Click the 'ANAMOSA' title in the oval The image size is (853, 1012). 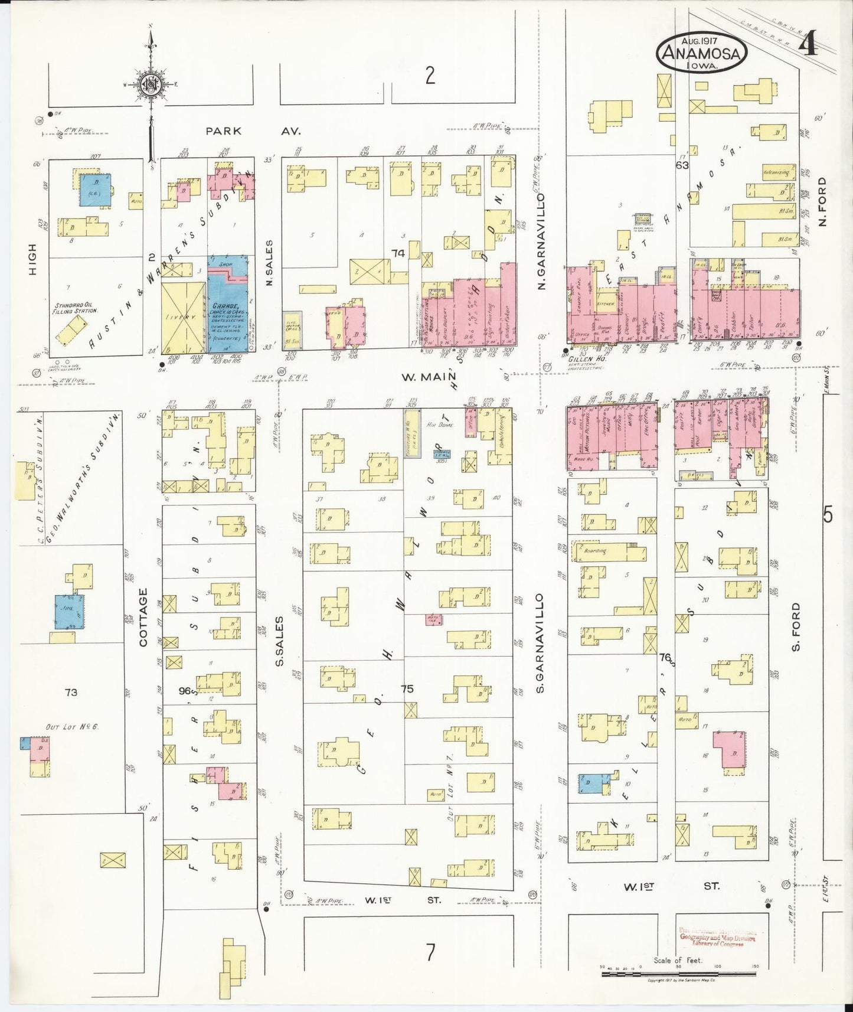click(x=701, y=53)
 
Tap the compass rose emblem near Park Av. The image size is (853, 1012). click(x=151, y=84)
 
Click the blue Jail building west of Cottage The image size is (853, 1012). click(x=70, y=612)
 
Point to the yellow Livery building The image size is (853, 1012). click(x=182, y=317)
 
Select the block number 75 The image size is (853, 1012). click(x=407, y=688)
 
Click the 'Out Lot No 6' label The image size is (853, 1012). click(x=72, y=726)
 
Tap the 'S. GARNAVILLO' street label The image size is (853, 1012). click(x=540, y=644)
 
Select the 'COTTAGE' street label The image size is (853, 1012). click(x=143, y=616)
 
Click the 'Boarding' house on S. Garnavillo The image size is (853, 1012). click(x=595, y=551)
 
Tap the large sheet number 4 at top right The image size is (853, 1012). click(x=809, y=44)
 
